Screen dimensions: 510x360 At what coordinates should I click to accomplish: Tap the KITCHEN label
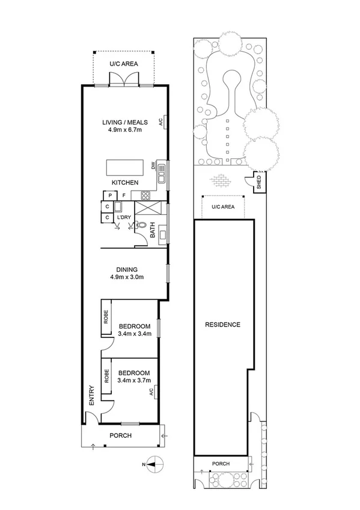click(124, 182)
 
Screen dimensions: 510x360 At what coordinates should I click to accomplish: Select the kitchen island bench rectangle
click(124, 166)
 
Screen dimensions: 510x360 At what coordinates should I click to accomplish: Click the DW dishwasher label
click(154, 165)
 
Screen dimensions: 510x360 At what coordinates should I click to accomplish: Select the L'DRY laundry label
click(124, 217)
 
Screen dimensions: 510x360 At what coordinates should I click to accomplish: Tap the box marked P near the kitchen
click(111, 195)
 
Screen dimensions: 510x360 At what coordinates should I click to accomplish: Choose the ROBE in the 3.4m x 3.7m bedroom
click(106, 376)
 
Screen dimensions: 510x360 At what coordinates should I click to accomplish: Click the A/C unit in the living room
click(160, 121)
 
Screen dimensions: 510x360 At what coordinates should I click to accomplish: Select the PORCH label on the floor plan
click(120, 436)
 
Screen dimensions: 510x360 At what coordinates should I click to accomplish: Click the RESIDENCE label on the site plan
click(222, 325)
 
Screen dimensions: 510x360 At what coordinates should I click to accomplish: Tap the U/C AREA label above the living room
click(123, 64)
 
